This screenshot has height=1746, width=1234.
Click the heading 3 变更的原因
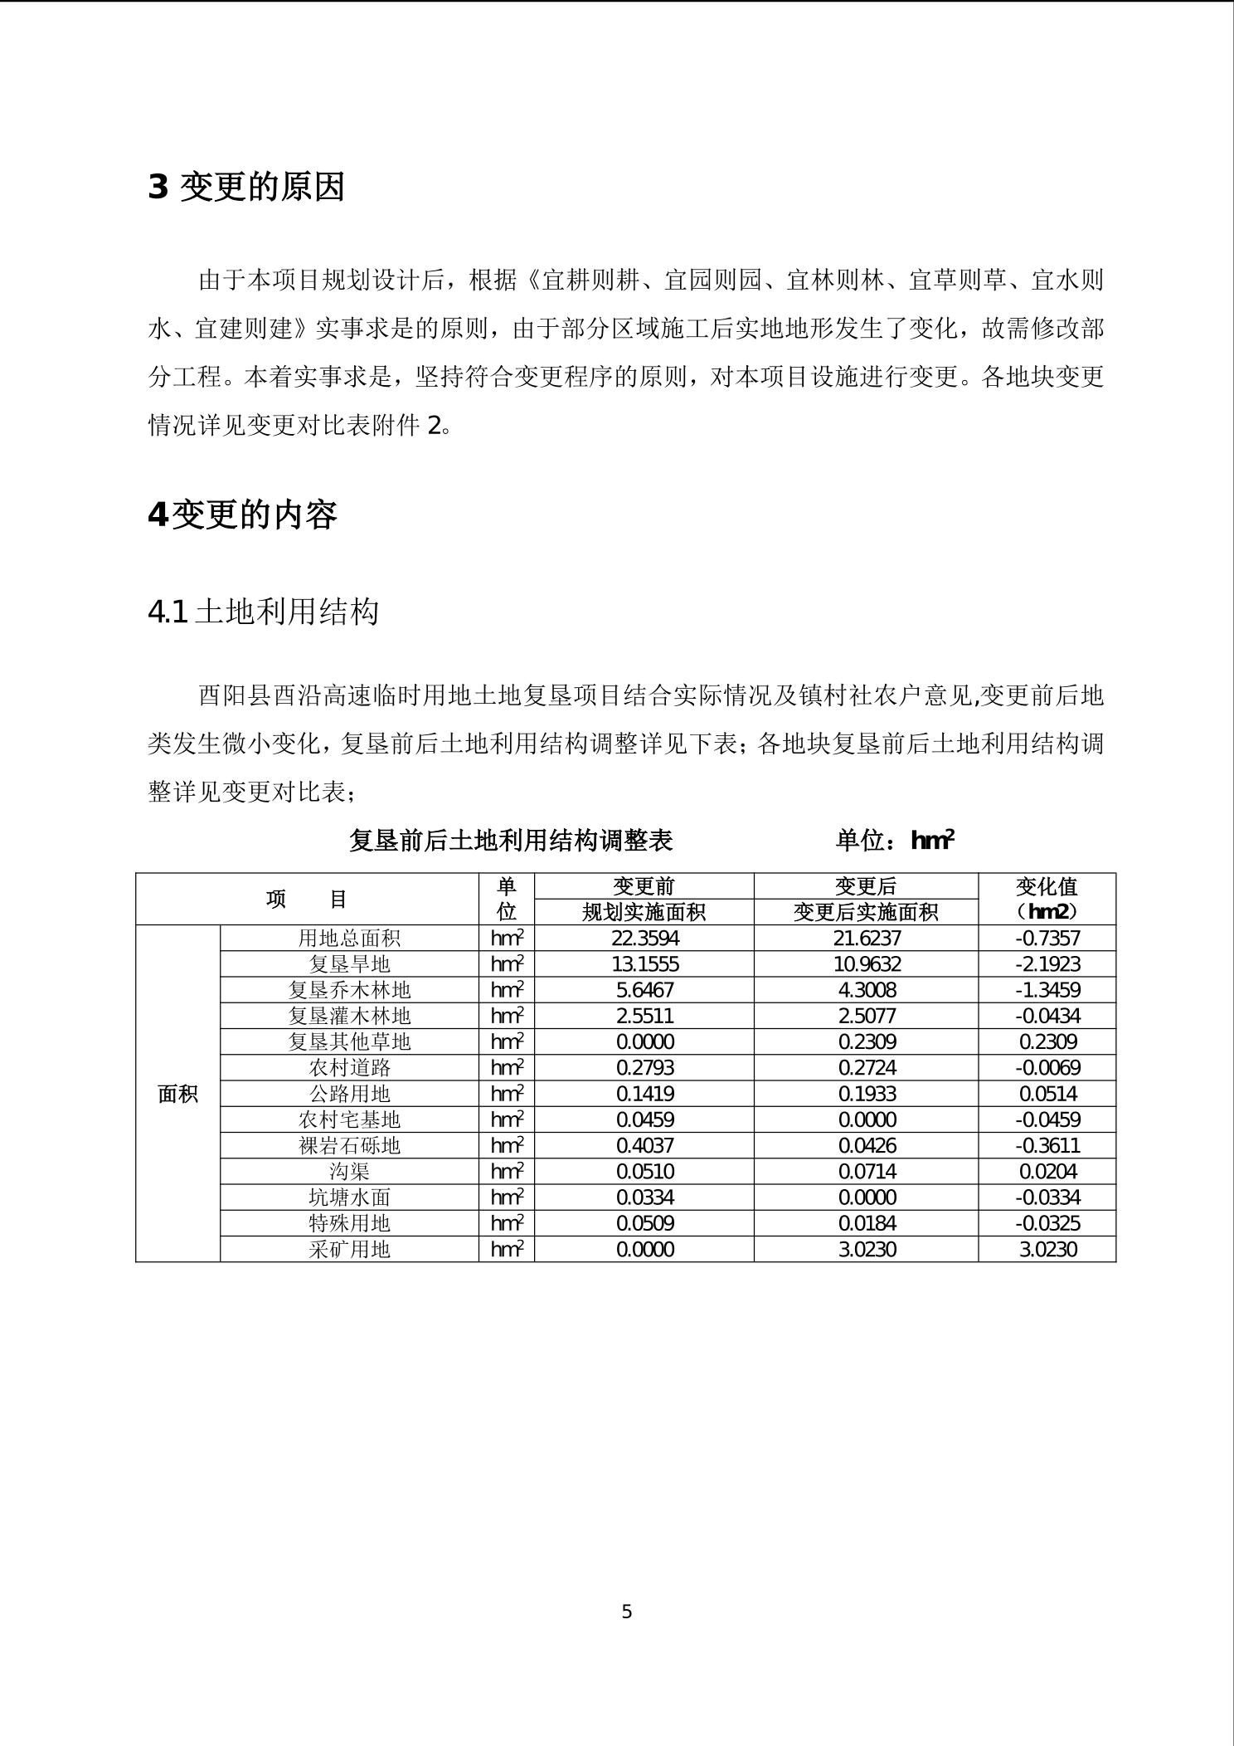coord(246,188)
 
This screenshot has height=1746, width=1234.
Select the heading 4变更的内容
coord(242,515)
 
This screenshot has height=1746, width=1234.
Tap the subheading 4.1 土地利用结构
coord(263,612)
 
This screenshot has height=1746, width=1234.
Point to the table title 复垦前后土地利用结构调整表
coord(510,841)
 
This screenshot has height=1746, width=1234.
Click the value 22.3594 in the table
coord(644,938)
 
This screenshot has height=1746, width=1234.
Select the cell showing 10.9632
coord(867,963)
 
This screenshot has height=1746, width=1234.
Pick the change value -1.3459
coord(1047,989)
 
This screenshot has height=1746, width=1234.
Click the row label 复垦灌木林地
coord(349,1016)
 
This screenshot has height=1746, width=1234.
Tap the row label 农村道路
coord(349,1067)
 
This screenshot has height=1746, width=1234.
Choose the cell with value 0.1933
coord(867,1093)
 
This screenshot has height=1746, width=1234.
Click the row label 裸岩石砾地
coord(349,1145)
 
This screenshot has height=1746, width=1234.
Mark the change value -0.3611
coord(1047,1145)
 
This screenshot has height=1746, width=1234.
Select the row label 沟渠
coord(349,1171)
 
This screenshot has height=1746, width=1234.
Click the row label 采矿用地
coord(349,1249)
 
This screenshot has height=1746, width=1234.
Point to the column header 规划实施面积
coord(644,912)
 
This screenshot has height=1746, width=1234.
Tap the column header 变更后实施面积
coord(867,912)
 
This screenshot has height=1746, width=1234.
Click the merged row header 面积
coord(177,1094)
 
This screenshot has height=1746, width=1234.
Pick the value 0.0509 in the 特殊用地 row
coord(644,1223)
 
